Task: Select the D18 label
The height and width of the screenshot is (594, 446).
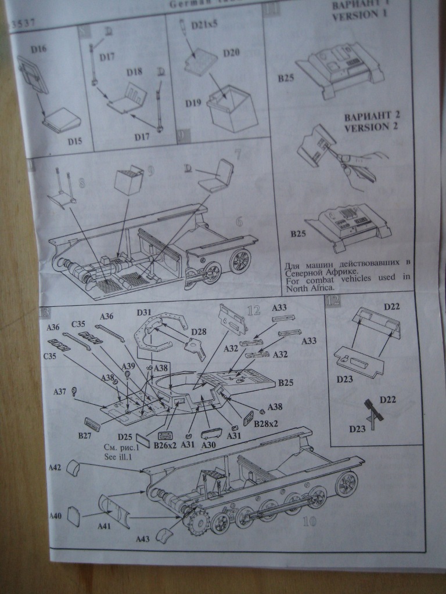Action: coord(134,71)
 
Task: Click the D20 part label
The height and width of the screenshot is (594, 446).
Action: coord(232,53)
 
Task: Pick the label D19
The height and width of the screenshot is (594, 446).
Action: coord(193,103)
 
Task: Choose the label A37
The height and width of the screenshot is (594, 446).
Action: coord(60,392)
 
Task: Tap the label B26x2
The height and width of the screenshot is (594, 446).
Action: coord(165,445)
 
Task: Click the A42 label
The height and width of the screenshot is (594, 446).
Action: coord(55,466)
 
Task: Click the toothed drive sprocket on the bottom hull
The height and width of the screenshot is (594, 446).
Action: coord(196,523)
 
